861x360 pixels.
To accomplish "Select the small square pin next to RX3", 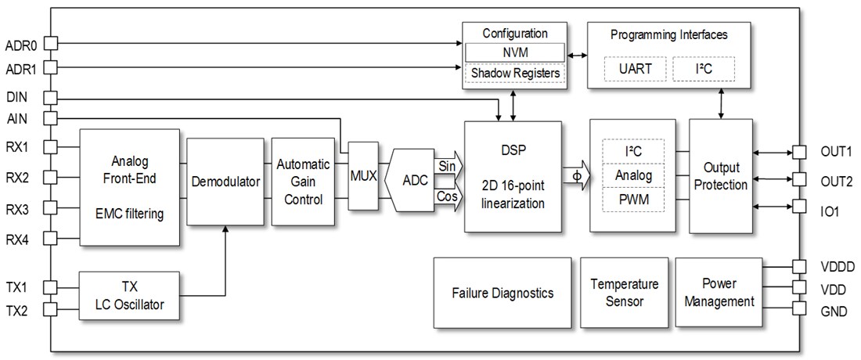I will (51, 207).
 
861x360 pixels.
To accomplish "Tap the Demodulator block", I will (225, 182).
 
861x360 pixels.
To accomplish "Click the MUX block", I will (362, 176).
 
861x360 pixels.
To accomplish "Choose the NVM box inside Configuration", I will (514, 52).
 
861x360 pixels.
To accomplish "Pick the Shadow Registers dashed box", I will (514, 74).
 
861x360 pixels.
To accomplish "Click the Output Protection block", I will (720, 175).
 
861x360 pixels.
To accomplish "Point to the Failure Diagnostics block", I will (502, 293).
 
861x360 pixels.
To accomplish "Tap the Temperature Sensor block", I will (624, 292).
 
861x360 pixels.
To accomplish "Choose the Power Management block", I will (719, 292).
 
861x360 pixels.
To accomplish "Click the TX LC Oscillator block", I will (130, 296).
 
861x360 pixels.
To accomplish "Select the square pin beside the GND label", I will (798, 308).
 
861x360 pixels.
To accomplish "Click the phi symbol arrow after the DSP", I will (575, 175).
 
